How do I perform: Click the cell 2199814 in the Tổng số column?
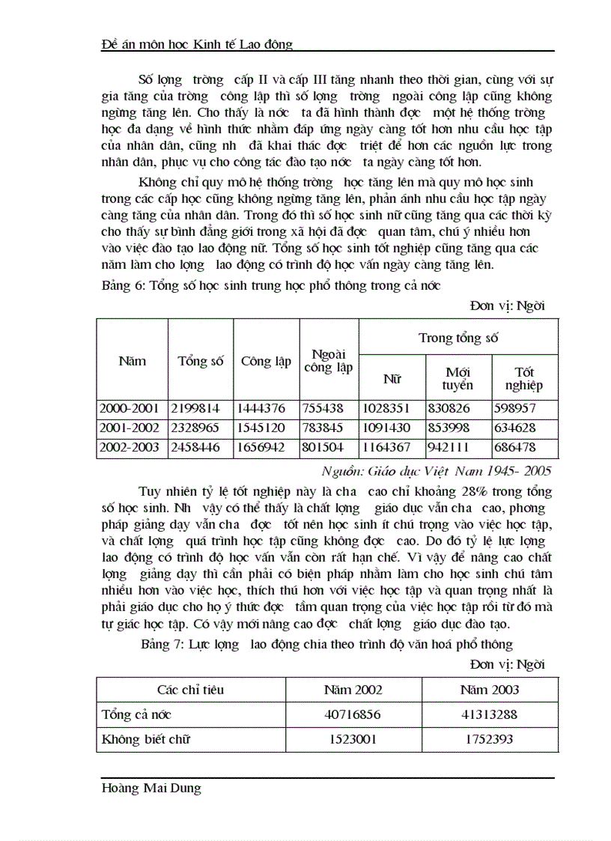(198, 409)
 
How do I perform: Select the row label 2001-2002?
(128, 429)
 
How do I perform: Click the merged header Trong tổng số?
(458, 338)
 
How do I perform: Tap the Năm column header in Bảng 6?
(132, 361)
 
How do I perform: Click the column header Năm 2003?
(490, 690)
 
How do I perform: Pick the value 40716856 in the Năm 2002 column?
(353, 714)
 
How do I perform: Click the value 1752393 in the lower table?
(490, 739)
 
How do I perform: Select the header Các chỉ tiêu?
(190, 690)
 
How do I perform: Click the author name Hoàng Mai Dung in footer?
(151, 789)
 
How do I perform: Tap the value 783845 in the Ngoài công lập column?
(328, 429)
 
